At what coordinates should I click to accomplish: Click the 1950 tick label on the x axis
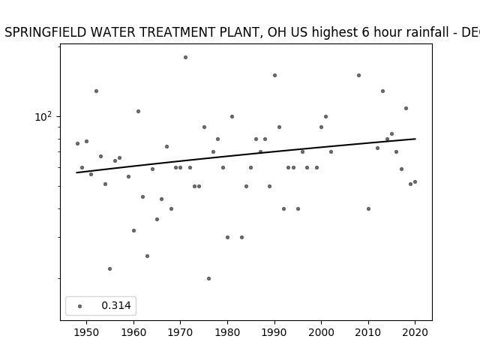[x=87, y=332]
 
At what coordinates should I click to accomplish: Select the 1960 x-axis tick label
[x=133, y=332]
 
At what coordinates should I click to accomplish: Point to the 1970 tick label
[x=180, y=332]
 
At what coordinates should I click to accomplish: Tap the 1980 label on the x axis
[x=227, y=332]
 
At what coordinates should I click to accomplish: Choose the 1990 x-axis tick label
[x=274, y=332]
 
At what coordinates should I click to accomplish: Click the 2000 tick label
[x=321, y=332]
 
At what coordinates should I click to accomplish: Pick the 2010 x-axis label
[x=368, y=332]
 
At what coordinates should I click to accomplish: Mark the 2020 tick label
[x=415, y=332]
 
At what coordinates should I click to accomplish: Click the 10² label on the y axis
[x=43, y=117]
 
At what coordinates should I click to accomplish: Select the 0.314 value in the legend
[x=116, y=305]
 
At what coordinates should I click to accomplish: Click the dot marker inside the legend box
[x=80, y=306]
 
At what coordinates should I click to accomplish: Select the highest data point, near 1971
[x=185, y=57]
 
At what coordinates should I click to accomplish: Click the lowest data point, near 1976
[x=208, y=278]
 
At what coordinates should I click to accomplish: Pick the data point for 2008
[x=358, y=75]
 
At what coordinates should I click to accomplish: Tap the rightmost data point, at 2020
[x=415, y=181]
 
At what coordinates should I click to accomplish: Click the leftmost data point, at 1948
[x=77, y=143]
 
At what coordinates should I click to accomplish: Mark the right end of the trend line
[x=415, y=139]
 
